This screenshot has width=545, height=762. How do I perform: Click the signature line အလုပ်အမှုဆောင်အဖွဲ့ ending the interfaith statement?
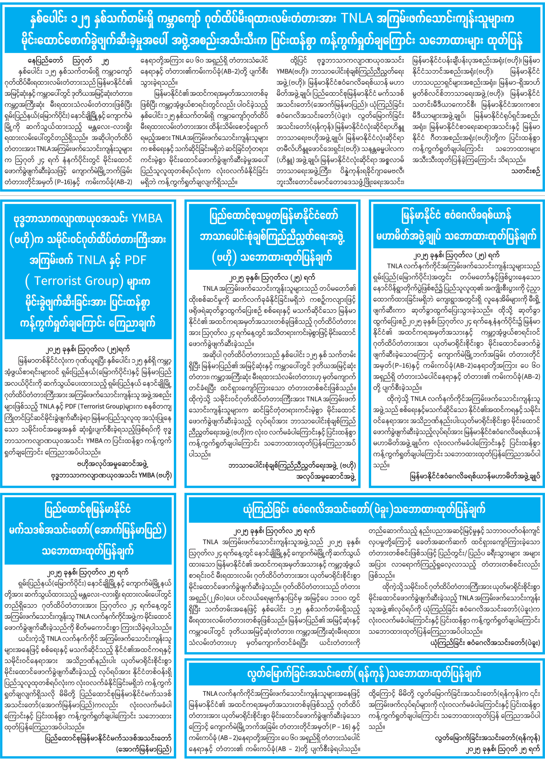[326, 476]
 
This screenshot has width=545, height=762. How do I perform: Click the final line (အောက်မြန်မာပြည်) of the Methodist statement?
[144, 749]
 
